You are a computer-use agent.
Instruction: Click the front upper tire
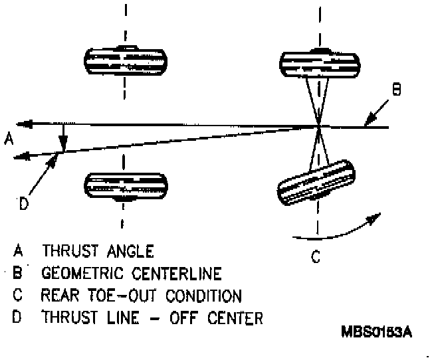point(125,60)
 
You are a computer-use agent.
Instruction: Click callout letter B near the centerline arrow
point(396,88)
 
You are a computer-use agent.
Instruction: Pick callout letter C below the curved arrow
point(315,254)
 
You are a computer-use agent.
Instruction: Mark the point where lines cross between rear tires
point(319,125)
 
